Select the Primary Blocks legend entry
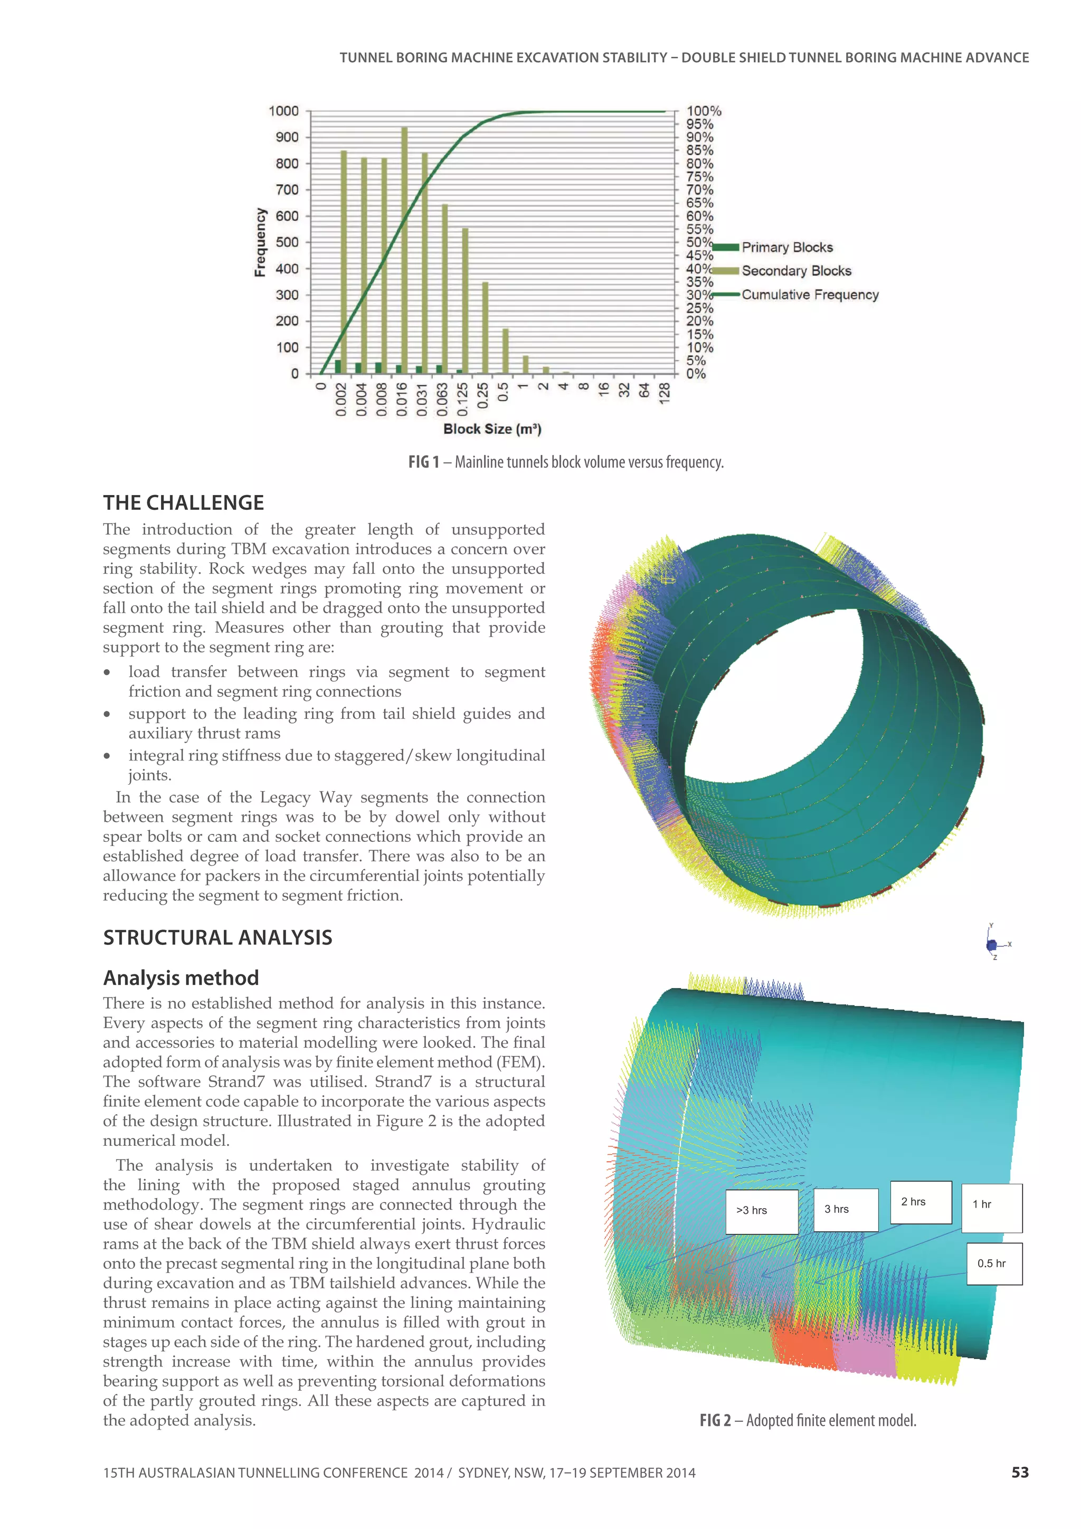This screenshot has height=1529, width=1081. (x=786, y=248)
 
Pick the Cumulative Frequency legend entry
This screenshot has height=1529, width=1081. (x=809, y=295)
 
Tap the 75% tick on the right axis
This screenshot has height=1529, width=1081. (x=699, y=176)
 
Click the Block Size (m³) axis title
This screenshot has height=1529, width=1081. (x=492, y=429)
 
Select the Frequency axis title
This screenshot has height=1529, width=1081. (x=260, y=242)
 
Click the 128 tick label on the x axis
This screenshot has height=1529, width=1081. (x=664, y=393)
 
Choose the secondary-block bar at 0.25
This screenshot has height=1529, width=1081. (x=485, y=328)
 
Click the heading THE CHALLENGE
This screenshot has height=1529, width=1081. (x=183, y=503)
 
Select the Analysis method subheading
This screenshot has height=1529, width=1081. (x=181, y=977)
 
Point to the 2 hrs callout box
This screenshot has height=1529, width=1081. (x=921, y=1202)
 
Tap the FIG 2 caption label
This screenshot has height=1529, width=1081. (x=715, y=1420)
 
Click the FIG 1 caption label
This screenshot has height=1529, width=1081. (x=424, y=462)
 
